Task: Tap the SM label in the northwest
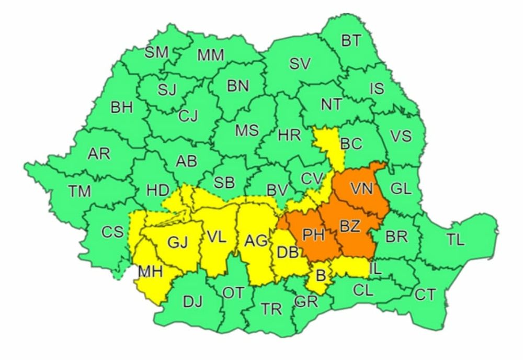tap(156, 52)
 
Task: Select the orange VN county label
tap(361, 188)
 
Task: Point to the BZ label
tap(350, 227)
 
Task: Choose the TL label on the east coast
tap(455, 240)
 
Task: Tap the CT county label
tap(425, 295)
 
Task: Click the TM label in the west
tap(79, 192)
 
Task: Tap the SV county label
tap(300, 64)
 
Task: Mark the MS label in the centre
tap(246, 130)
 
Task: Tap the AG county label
tap(256, 241)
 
